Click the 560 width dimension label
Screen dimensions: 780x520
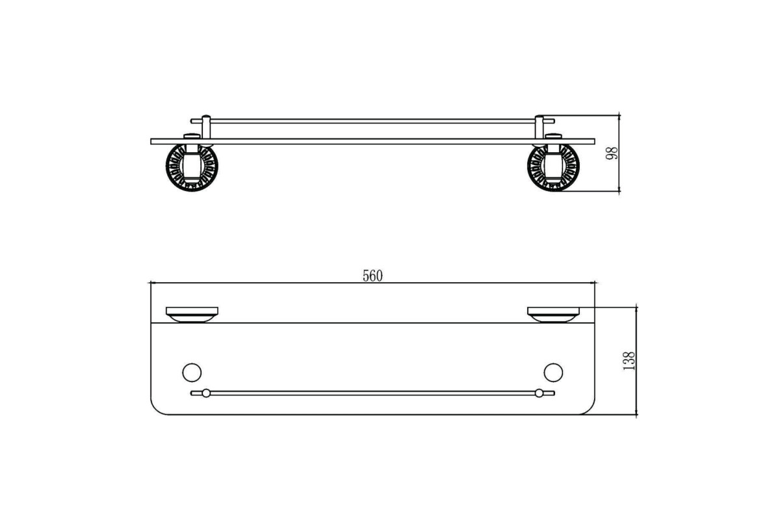point(372,276)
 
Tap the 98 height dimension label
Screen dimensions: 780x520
point(612,153)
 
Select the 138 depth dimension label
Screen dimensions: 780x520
point(629,361)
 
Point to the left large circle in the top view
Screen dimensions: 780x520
point(192,372)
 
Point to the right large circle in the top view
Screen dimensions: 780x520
point(553,372)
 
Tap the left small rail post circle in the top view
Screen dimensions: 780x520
point(206,393)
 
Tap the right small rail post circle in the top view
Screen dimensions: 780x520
point(539,393)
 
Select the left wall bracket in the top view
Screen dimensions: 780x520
point(192,315)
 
